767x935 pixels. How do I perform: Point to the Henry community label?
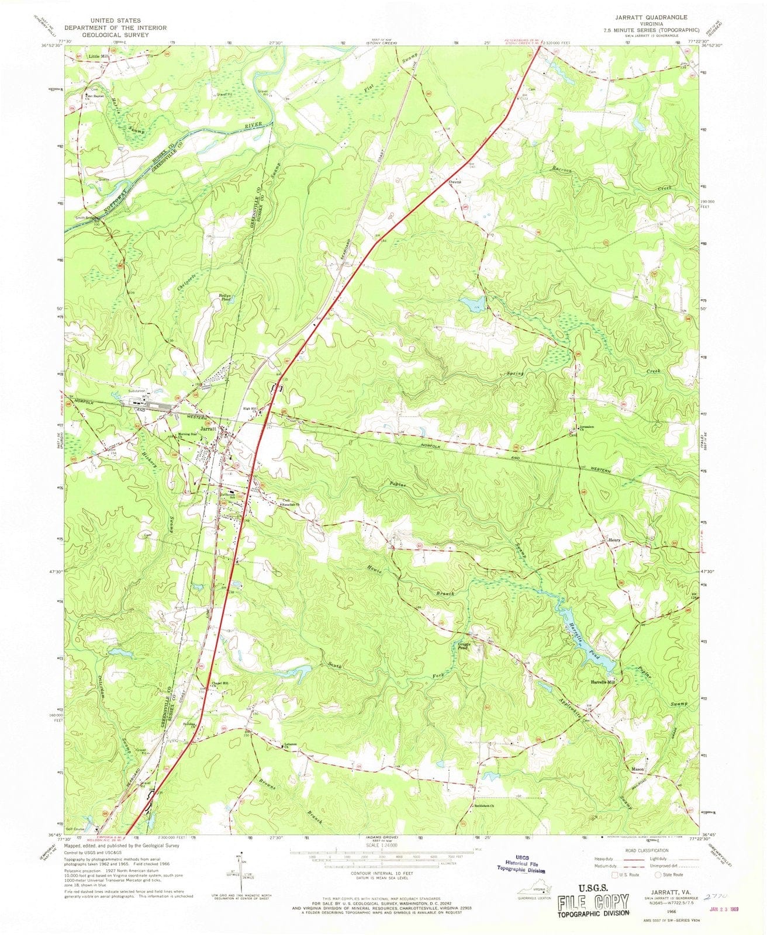(613, 540)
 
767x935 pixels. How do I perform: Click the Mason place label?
(638, 770)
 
